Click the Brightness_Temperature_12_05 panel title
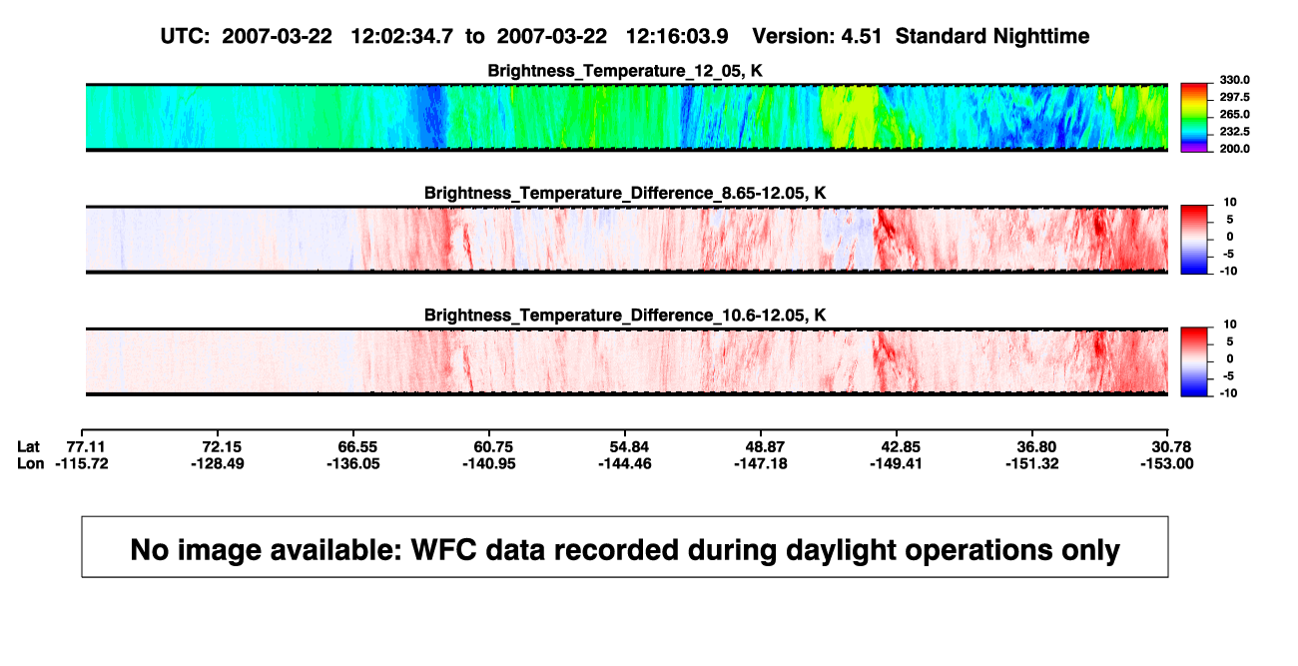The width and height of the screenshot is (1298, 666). pyautogui.click(x=625, y=71)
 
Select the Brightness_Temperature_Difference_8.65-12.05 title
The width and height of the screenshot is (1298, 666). pyautogui.click(x=625, y=193)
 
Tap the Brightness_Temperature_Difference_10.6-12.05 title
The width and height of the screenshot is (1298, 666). pyautogui.click(x=625, y=316)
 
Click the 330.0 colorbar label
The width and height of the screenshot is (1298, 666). pyautogui.click(x=1234, y=80)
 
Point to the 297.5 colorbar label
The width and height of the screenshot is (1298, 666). pyautogui.click(x=1234, y=97)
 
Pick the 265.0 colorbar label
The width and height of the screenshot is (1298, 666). pyautogui.click(x=1234, y=114)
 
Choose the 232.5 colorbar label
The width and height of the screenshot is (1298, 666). pyautogui.click(x=1234, y=132)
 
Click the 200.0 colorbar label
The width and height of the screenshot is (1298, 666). pyautogui.click(x=1234, y=149)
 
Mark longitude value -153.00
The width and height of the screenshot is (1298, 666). pyautogui.click(x=1167, y=463)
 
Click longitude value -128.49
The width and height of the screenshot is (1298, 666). pyautogui.click(x=218, y=463)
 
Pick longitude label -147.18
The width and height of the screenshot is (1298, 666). pyautogui.click(x=760, y=463)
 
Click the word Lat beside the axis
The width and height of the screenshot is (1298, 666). pyautogui.click(x=28, y=447)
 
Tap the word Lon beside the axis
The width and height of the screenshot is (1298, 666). pyautogui.click(x=30, y=463)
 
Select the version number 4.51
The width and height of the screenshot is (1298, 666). pyautogui.click(x=862, y=37)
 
